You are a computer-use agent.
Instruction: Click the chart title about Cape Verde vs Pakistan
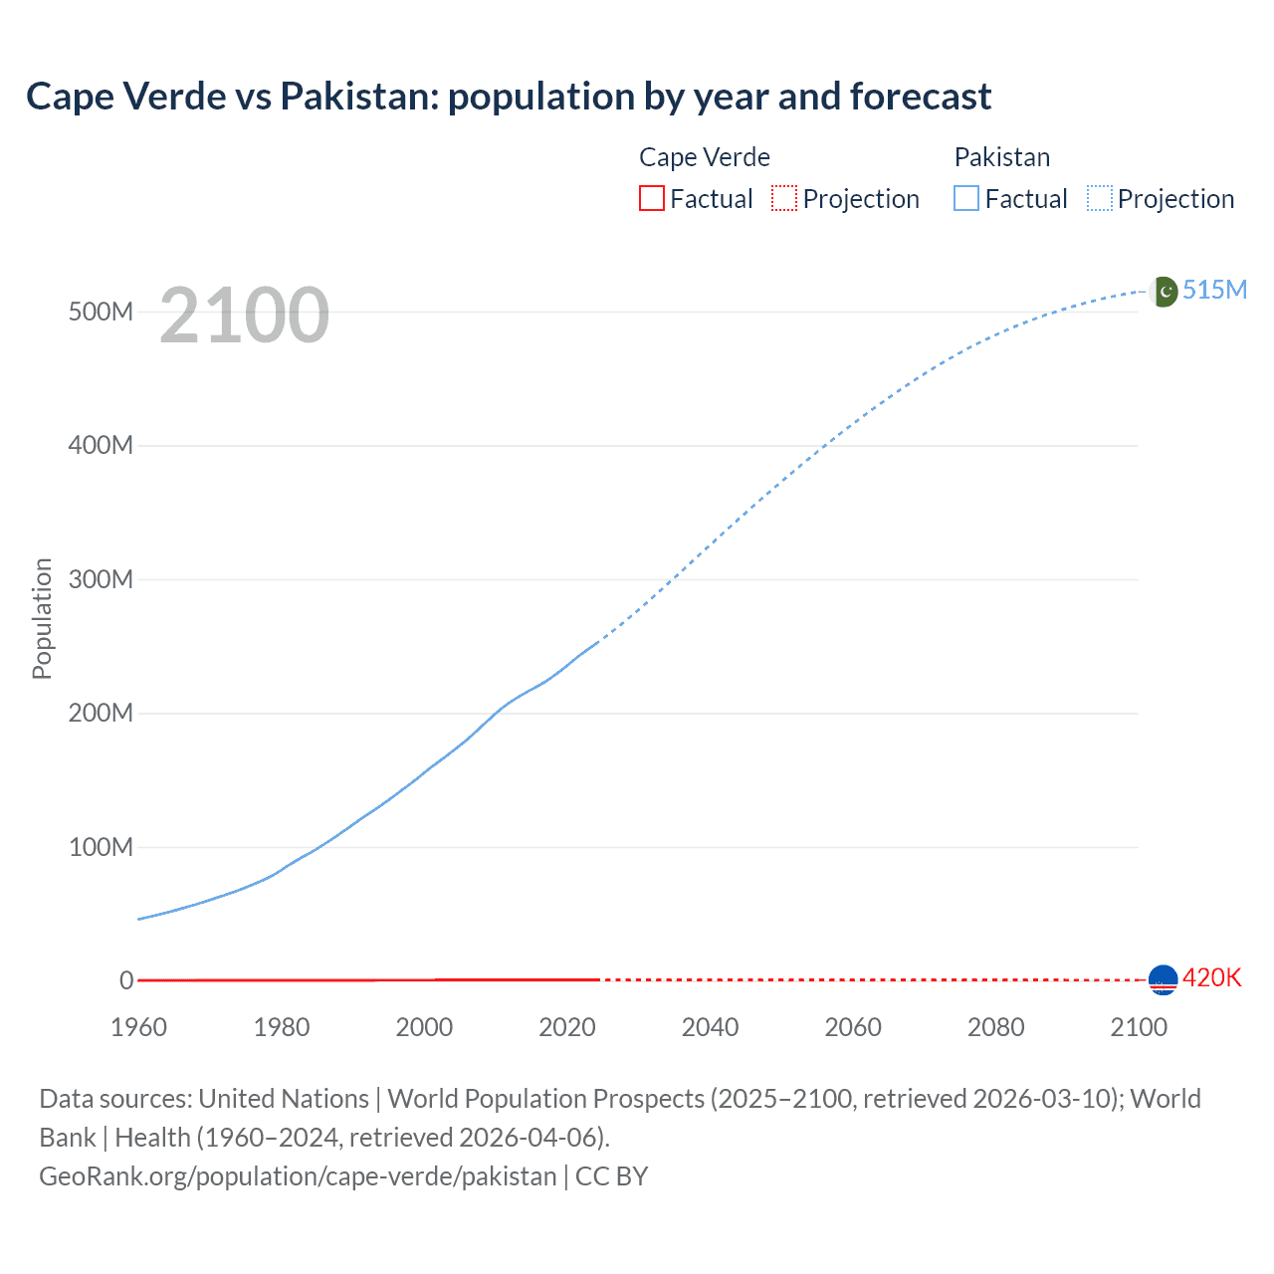509,97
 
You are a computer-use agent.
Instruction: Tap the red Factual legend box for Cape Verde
651,198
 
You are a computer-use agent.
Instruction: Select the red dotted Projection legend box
784,198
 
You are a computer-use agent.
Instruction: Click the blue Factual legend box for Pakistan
966,198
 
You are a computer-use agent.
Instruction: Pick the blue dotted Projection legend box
1100,198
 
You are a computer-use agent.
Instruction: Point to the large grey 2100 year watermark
244,316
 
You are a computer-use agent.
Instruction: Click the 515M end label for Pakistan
1214,290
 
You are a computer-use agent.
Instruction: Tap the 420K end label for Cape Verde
1211,977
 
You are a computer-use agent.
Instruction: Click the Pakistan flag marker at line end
1163,292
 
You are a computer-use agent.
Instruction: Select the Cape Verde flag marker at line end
1163,980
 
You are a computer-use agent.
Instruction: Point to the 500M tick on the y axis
101,312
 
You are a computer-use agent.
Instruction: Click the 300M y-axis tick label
101,579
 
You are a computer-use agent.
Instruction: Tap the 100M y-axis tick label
101,847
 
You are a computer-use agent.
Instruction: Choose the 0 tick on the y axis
126,980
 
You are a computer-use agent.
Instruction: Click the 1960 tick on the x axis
138,1027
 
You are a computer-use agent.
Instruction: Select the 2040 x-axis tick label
710,1027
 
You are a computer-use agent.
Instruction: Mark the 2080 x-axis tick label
995,1027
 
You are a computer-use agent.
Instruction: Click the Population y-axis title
42,618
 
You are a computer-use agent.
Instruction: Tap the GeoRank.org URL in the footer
298,1176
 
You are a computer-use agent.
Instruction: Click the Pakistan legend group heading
1002,157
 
